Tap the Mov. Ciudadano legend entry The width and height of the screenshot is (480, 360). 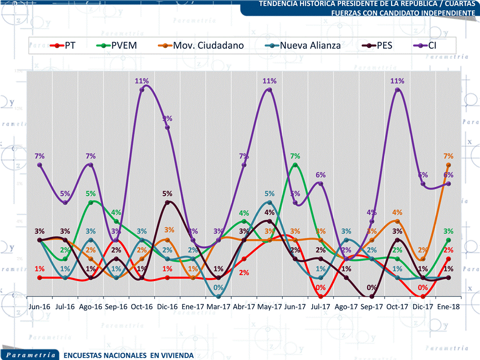click(203, 45)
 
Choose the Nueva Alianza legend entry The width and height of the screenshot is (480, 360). click(304, 45)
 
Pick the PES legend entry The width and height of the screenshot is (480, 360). click(378, 45)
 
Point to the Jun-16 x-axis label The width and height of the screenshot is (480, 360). click(39, 306)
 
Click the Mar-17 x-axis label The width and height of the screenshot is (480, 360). click(218, 306)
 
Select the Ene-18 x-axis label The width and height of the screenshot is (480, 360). click(449, 306)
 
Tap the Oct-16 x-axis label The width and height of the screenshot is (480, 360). click(141, 306)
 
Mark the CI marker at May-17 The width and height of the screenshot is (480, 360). click(270, 90)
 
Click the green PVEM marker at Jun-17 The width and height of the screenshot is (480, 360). click(295, 165)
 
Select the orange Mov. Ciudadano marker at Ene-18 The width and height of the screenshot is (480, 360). click(449, 165)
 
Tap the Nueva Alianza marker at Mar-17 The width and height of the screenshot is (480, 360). click(218, 297)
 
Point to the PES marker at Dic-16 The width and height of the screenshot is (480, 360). click(167, 202)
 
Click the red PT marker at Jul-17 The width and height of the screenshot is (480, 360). click(321, 297)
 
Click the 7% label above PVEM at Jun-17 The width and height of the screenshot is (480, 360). click(295, 156)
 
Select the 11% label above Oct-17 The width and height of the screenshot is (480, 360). click(398, 81)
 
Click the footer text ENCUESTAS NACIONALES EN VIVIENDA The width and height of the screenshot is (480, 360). click(128, 355)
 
